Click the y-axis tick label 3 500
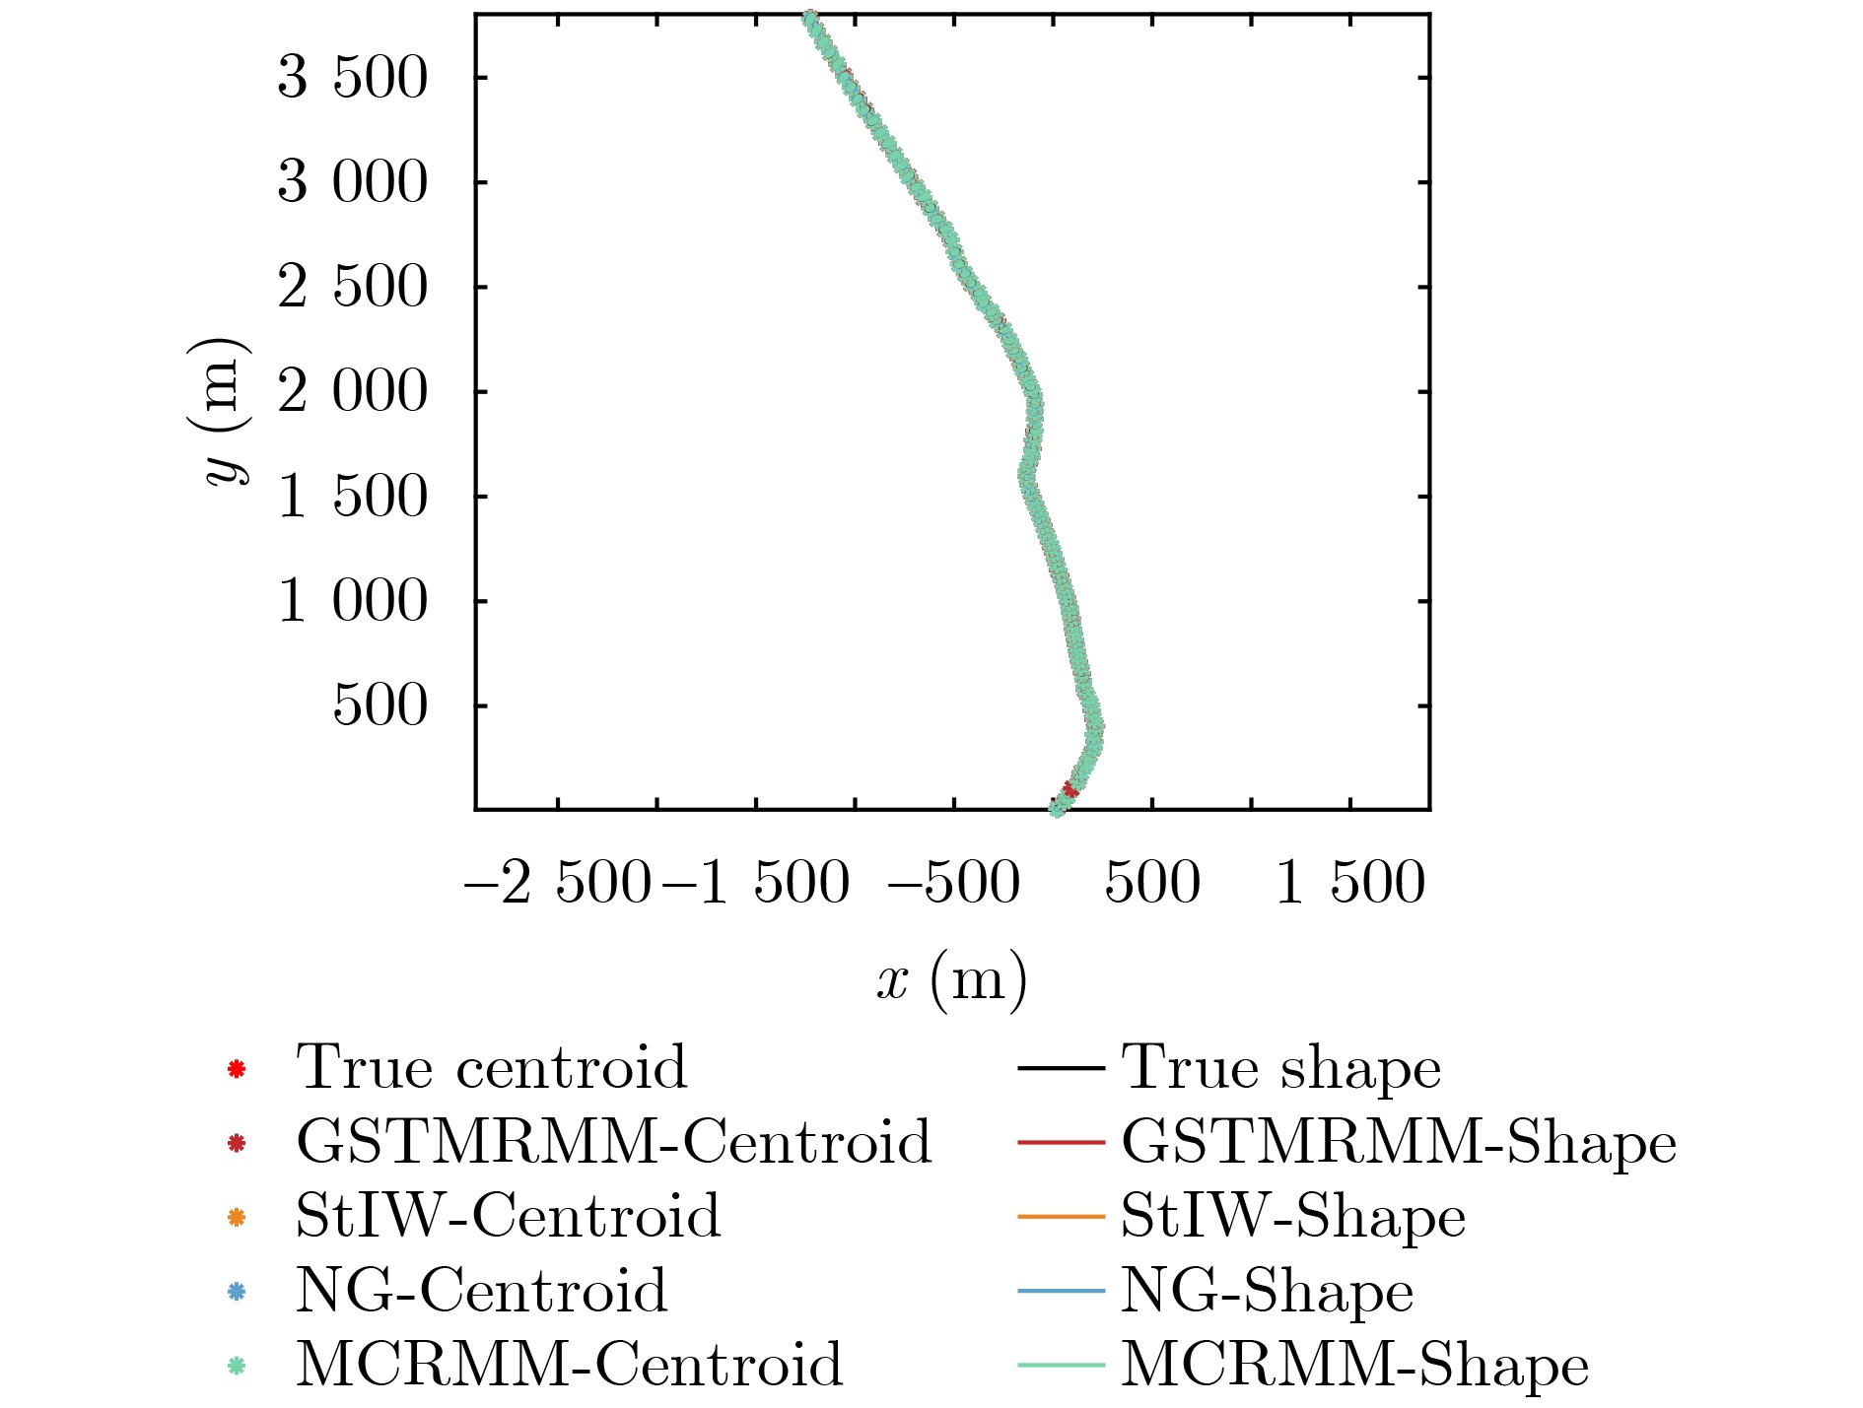352,78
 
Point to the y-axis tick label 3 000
352,182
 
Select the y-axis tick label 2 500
352,288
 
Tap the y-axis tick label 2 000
352,392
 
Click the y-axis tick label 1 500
352,497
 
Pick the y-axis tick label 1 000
352,601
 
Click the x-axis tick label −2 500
557,883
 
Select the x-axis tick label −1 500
756,883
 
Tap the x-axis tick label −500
953,883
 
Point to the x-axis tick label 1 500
1349,883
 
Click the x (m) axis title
951,980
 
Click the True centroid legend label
491,1067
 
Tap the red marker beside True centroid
236,1068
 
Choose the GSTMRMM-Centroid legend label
613,1142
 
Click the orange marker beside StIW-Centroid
236,1218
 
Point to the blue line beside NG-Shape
1061,1291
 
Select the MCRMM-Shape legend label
1354,1366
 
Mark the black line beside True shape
1061,1068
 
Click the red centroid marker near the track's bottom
1070,789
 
